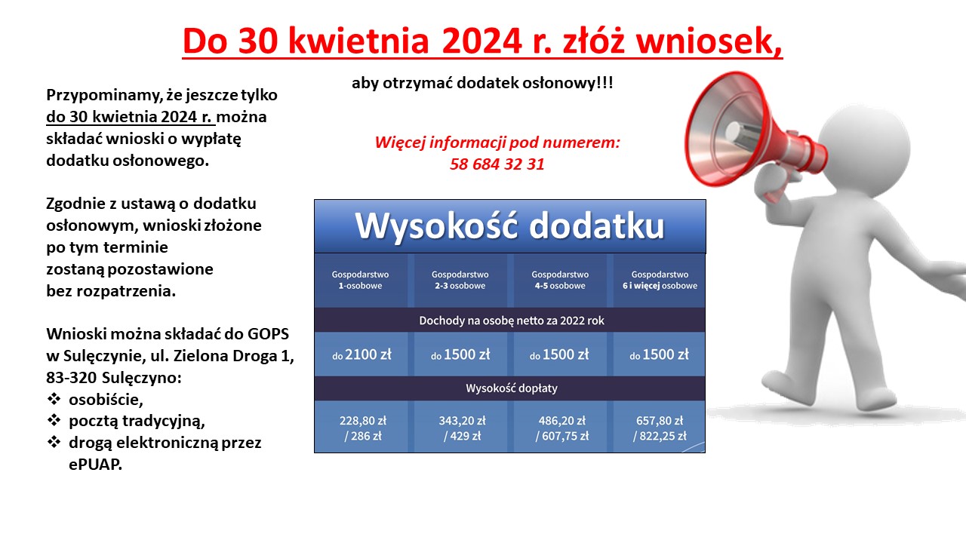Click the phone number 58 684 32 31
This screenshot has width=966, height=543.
click(497, 164)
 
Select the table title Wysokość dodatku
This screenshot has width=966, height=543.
click(509, 225)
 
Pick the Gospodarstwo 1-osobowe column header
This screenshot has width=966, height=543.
click(360, 280)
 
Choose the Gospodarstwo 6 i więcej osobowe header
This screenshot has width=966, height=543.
click(660, 280)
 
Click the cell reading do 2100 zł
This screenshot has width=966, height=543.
click(361, 354)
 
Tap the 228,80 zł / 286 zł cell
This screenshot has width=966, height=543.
click(363, 428)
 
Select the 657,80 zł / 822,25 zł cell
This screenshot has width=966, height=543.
click(660, 428)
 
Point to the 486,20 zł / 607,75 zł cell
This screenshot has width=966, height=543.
click(562, 428)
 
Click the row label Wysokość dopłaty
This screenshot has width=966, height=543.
click(512, 388)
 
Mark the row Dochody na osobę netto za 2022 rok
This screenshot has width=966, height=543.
click(512, 321)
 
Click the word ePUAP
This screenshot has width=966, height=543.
click(95, 465)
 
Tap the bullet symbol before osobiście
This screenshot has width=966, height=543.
click(54, 399)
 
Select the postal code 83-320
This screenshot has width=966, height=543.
click(71, 378)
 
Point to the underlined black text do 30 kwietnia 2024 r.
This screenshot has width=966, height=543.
click(131, 117)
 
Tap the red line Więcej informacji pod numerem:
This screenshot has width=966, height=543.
click(497, 143)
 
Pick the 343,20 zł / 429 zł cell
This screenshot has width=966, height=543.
click(462, 428)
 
